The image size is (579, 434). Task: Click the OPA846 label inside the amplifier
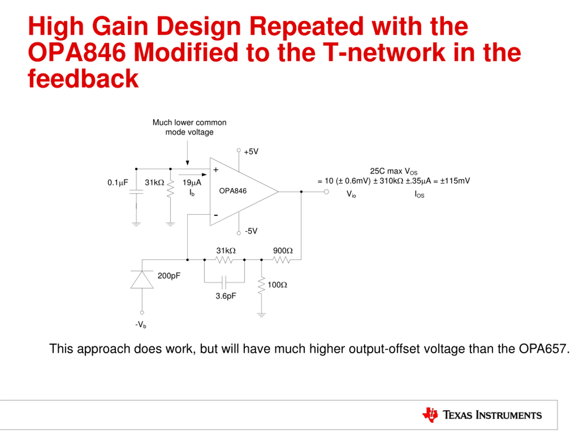233,191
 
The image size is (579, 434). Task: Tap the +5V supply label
251,152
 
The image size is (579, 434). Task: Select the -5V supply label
251,231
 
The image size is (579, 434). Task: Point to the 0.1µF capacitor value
118,183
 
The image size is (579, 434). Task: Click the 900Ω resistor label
283,251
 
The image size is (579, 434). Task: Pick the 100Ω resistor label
277,285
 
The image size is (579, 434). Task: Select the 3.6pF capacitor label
226,296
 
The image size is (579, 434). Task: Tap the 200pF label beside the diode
169,276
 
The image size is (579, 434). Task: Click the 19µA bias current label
192,183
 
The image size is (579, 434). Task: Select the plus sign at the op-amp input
216,170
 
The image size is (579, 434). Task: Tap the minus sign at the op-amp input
216,215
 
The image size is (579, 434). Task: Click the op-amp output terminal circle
326,192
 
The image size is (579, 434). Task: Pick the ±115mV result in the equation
455,181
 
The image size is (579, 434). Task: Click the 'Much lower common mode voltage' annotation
189,127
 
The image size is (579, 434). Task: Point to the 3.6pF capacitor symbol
224,282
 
